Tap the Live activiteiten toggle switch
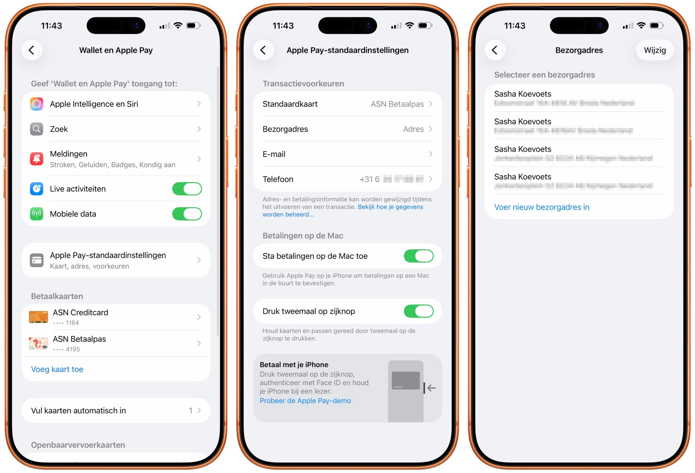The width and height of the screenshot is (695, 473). (x=187, y=189)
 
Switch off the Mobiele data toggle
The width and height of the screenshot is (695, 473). (x=187, y=214)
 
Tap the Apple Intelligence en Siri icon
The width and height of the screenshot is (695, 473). (x=36, y=104)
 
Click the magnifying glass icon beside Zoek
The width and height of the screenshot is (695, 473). (x=36, y=129)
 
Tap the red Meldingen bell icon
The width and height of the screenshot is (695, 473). (x=36, y=159)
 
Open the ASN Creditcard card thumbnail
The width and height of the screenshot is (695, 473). (x=38, y=317)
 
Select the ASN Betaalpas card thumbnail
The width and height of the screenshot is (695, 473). (x=38, y=343)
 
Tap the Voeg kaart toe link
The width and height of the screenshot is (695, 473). (x=57, y=369)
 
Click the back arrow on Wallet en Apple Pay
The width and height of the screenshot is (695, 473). (x=32, y=50)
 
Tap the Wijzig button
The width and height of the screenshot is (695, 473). (x=655, y=50)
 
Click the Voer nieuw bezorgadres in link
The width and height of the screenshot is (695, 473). (x=542, y=207)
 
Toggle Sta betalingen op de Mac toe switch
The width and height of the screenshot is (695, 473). (x=418, y=256)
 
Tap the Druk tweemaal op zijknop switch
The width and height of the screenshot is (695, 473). (x=418, y=311)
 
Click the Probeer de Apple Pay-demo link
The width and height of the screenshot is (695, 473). (x=305, y=401)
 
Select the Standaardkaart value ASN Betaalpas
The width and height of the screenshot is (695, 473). (x=397, y=104)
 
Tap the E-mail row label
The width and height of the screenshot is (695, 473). (x=274, y=154)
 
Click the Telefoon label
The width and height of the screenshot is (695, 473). (x=278, y=179)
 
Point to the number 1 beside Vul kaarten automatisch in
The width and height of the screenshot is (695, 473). (x=191, y=411)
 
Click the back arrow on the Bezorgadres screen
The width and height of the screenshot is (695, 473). (x=495, y=50)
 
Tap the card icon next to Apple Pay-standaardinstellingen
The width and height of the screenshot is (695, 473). (x=36, y=260)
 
